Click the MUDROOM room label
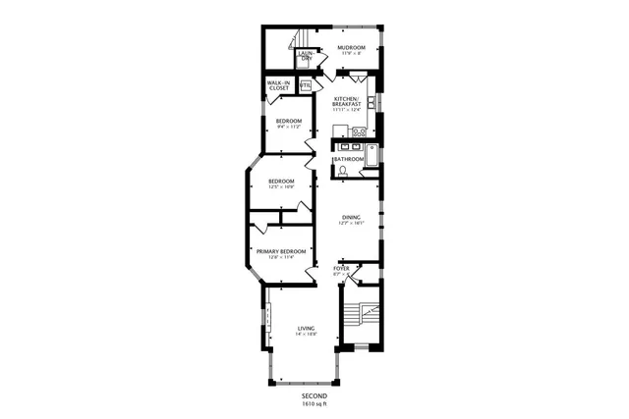pyautogui.click(x=351, y=47)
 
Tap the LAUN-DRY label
pyautogui.click(x=306, y=57)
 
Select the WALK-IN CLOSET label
pyautogui.click(x=278, y=86)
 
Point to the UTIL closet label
pyautogui.click(x=306, y=85)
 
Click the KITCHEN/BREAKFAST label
pyautogui.click(x=347, y=102)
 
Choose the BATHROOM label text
pyautogui.click(x=349, y=159)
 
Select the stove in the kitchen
pyautogui.click(x=360, y=131)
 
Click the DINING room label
pyautogui.click(x=351, y=217)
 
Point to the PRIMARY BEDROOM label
pyautogui.click(x=281, y=251)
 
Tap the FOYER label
pyautogui.click(x=341, y=267)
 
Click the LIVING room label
pyautogui.click(x=306, y=329)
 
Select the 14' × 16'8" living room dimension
pyautogui.click(x=306, y=336)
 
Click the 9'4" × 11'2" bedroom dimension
pyautogui.click(x=288, y=128)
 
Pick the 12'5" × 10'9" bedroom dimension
pyautogui.click(x=282, y=187)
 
